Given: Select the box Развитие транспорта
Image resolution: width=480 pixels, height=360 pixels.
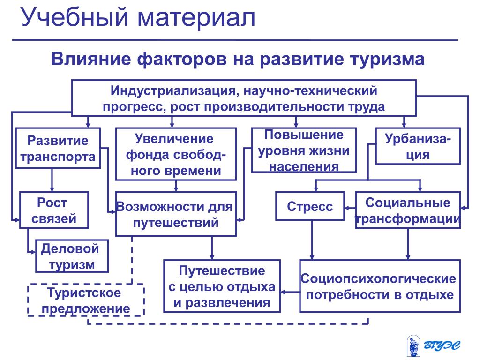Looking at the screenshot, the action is click(58, 148).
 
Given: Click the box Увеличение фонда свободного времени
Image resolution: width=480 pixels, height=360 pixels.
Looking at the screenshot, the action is click(176, 154).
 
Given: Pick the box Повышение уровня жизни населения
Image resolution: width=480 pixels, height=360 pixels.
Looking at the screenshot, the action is click(304, 150).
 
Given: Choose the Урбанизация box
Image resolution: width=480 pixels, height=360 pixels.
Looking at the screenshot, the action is click(418, 146).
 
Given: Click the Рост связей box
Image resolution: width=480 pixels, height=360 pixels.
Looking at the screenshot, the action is click(54, 210).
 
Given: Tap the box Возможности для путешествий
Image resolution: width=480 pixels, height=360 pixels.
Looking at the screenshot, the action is click(176, 214).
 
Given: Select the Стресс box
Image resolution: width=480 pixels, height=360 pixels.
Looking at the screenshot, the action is click(310, 206).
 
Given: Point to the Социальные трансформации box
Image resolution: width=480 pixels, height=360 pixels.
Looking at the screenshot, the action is click(408, 210).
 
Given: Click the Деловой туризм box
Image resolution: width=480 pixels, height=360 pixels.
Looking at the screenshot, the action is click(72, 256).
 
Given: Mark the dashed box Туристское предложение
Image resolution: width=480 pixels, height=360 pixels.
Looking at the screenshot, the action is click(86, 300).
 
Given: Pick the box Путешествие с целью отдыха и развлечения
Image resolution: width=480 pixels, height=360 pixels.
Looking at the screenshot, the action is click(222, 286).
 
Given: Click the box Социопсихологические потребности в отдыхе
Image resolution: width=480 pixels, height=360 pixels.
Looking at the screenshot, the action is click(380, 286).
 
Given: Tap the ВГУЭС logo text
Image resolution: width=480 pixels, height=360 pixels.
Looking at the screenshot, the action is click(442, 345).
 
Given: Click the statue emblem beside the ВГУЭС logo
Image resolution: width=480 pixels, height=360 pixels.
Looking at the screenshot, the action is click(413, 346).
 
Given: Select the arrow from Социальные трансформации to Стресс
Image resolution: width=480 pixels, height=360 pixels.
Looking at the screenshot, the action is click(350, 208).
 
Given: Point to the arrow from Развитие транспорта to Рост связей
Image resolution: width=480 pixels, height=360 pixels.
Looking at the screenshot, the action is click(52, 180).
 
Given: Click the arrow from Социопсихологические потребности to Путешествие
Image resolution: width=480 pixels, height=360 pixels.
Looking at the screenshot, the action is click(290, 292).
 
